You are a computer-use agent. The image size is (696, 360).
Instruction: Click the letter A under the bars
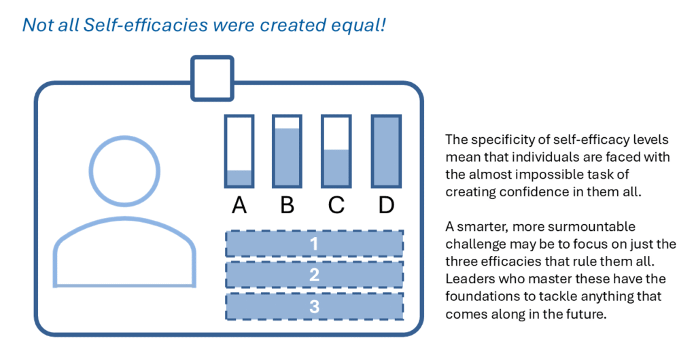pyautogui.click(x=239, y=205)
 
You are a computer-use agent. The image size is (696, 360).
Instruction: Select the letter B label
pyautogui.click(x=288, y=205)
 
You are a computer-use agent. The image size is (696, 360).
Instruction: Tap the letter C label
pyautogui.click(x=336, y=205)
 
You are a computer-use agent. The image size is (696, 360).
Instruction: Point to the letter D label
pyautogui.click(x=386, y=205)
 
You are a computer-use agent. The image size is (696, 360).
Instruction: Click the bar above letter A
pyautogui.click(x=239, y=151)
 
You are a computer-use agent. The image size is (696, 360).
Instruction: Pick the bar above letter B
pyautogui.click(x=288, y=151)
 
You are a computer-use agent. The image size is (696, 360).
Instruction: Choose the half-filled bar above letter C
pyautogui.click(x=336, y=151)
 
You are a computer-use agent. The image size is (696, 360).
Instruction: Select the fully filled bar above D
pyautogui.click(x=386, y=151)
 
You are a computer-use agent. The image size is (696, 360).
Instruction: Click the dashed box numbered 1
pyautogui.click(x=314, y=243)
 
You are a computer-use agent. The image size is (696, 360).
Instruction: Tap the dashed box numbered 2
pyautogui.click(x=314, y=275)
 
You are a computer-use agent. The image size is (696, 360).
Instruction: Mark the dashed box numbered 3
pyautogui.click(x=314, y=306)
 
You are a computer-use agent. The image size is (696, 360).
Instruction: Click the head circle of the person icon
pyautogui.click(x=124, y=137)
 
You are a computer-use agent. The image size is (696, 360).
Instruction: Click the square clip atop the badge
pyautogui.click(x=212, y=58)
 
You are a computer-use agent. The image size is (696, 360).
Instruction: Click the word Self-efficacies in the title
pyautogui.click(x=145, y=25)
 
